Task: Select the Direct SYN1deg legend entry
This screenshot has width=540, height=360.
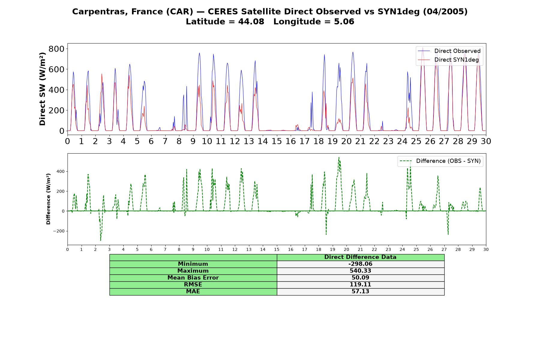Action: pos(448,60)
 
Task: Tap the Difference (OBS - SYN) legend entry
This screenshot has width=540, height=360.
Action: pos(440,161)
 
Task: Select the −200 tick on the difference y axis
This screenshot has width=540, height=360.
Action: pos(59,231)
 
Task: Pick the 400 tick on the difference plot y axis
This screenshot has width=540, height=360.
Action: pos(61,171)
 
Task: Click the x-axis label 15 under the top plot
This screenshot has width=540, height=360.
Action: pos(277,141)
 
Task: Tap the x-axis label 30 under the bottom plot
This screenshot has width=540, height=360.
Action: pos(486,250)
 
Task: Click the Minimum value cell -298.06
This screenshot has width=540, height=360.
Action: pos(360,264)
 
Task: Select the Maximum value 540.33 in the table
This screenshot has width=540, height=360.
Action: pos(360,271)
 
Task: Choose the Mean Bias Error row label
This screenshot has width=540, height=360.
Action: pos(193,278)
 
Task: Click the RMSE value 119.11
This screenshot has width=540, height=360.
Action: pos(360,285)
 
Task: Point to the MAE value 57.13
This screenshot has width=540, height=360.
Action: pos(360,292)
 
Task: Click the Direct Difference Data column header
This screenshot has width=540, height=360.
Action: pos(360,257)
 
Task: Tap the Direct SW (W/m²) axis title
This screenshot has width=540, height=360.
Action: pos(42,89)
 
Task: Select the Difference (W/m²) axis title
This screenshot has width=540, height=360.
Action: pos(48,199)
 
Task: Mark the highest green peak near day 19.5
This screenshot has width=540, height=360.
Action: pos(339,157)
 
